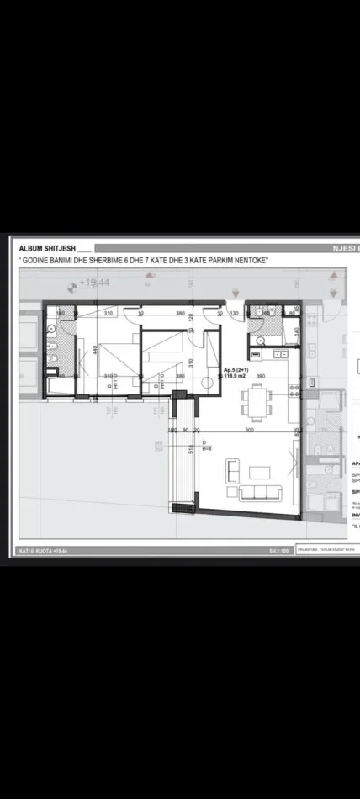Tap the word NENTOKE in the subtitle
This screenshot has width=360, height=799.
click(x=243, y=261)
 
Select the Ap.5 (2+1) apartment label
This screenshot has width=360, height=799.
click(x=236, y=370)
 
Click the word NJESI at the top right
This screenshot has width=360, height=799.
click(x=341, y=249)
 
